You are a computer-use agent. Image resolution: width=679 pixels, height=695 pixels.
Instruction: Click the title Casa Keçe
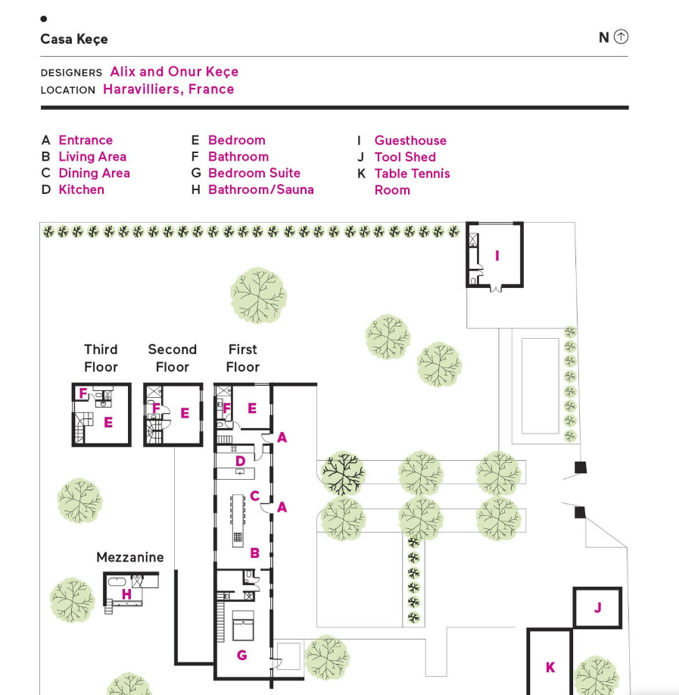[74, 39]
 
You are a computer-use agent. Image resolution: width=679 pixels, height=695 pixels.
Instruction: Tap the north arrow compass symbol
[621, 36]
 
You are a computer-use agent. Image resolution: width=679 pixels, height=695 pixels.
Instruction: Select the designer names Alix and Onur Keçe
[174, 72]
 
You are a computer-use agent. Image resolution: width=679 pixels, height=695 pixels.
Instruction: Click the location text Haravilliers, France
[169, 89]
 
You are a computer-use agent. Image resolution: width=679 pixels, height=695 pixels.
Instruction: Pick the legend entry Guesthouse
[410, 140]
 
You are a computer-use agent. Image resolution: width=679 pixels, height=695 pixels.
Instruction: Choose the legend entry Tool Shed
[405, 157]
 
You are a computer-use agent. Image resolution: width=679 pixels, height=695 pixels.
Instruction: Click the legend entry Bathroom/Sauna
[260, 189]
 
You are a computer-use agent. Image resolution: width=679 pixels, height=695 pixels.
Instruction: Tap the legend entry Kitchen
[81, 189]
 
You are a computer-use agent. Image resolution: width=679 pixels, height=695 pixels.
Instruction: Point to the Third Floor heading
[101, 358]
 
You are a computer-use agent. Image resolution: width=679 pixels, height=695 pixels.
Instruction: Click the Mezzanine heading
[130, 557]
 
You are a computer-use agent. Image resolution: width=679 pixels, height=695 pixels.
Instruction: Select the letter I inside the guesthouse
[497, 256]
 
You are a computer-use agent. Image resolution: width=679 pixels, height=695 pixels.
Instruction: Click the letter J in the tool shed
[597, 607]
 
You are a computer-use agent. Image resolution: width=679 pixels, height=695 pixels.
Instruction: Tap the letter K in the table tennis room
[550, 668]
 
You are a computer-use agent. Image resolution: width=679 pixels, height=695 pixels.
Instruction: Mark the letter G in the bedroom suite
[241, 655]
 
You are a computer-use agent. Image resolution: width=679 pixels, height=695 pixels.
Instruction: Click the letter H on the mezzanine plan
[126, 594]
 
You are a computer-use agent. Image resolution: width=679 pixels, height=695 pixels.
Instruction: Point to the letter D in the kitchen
[240, 460]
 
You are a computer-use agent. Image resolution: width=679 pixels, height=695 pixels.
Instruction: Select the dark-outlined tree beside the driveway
[343, 474]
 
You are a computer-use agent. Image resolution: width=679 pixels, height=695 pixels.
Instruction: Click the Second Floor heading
[172, 358]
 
